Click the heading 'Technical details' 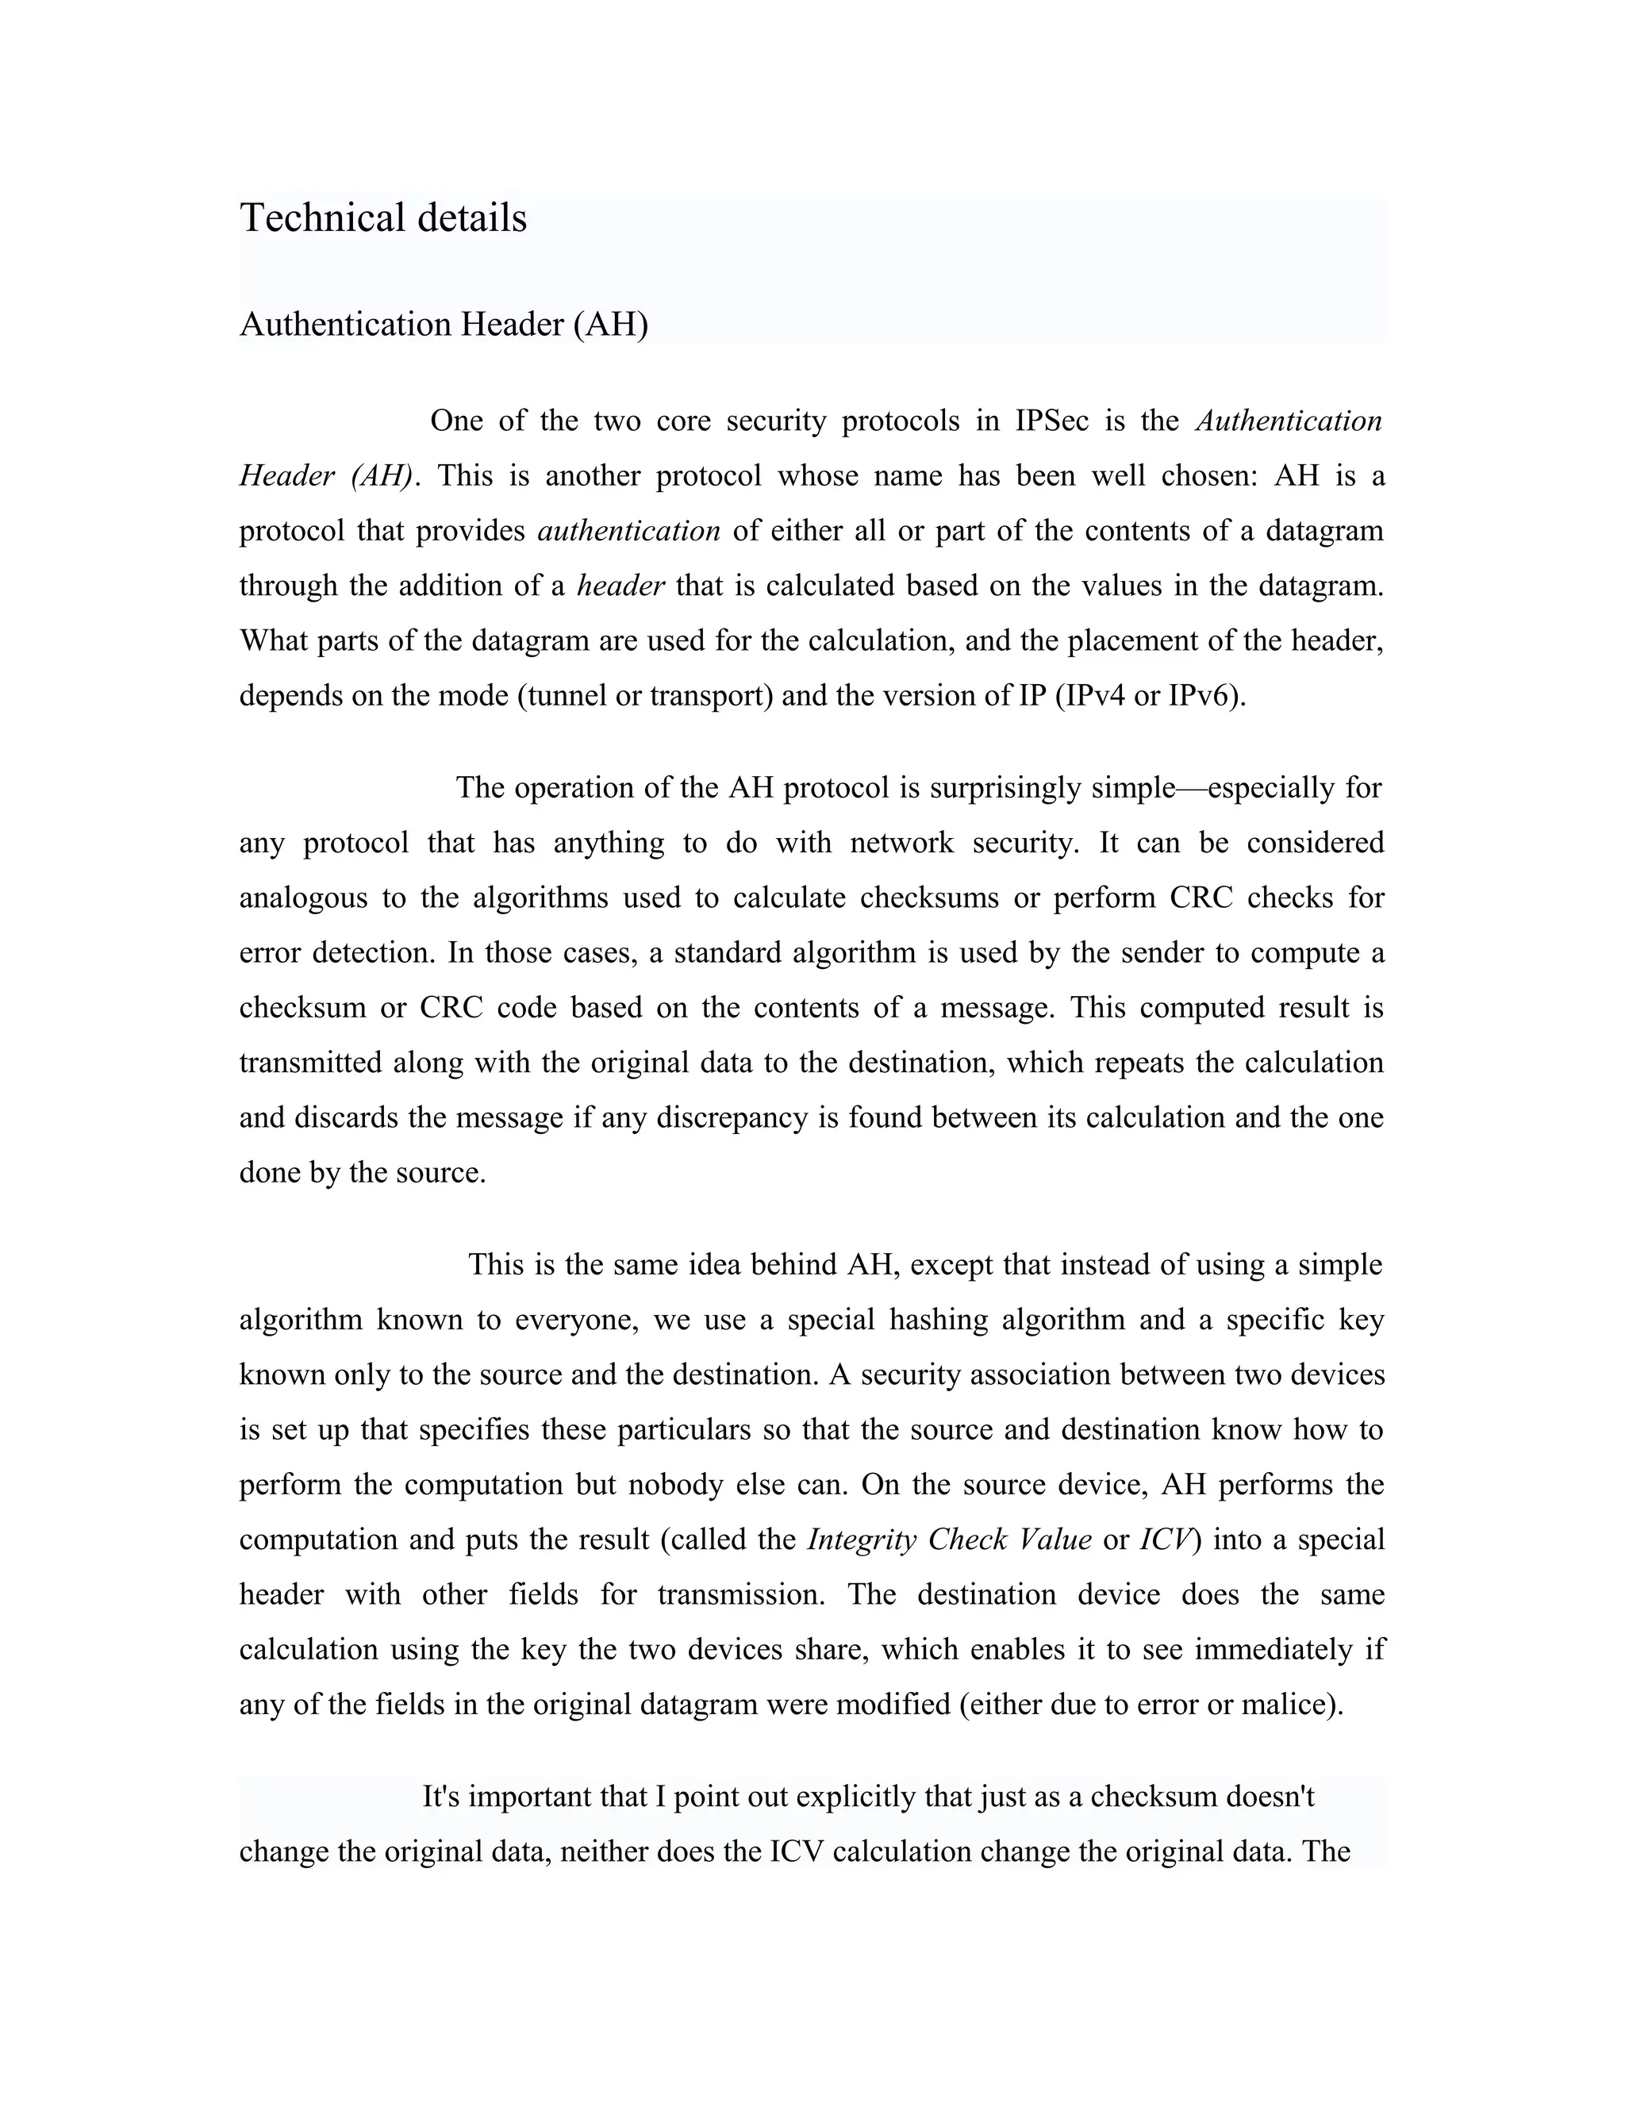pyautogui.click(x=383, y=217)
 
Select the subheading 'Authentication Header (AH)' pyautogui.click(x=444, y=325)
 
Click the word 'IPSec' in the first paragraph pyautogui.click(x=1051, y=421)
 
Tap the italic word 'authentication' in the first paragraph pyautogui.click(x=628, y=531)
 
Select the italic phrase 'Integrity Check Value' pyautogui.click(x=949, y=1539)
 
